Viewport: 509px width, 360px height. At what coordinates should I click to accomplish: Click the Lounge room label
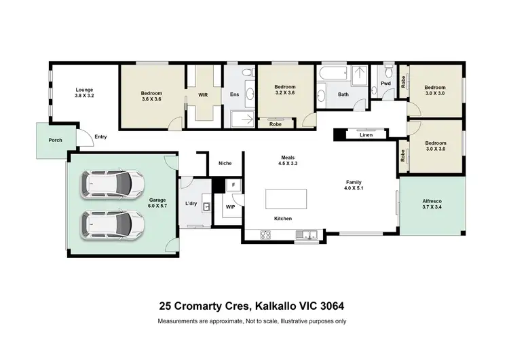(x=84, y=90)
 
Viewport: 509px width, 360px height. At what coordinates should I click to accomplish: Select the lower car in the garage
(x=113, y=223)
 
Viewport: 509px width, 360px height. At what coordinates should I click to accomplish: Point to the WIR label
(x=203, y=94)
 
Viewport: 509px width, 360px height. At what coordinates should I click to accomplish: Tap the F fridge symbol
(x=233, y=184)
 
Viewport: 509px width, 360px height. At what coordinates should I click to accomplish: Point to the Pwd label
(x=385, y=84)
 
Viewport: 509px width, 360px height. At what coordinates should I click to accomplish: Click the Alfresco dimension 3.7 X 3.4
(x=432, y=207)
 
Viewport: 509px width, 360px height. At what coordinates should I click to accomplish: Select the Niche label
(x=225, y=163)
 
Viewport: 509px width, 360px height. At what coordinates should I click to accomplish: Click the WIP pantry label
(x=230, y=207)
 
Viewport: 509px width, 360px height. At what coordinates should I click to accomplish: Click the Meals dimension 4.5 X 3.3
(x=288, y=164)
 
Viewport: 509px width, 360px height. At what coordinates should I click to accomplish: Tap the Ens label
(x=234, y=94)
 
